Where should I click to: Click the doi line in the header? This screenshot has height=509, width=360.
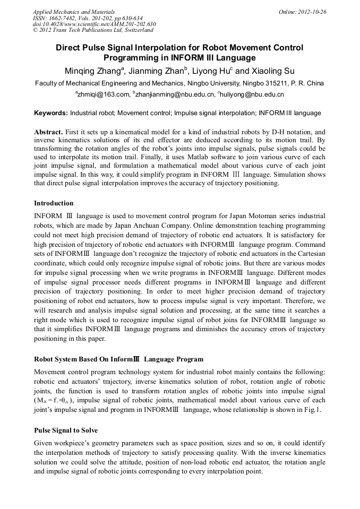[x=95, y=24]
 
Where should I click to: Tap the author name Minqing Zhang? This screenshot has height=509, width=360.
[x=93, y=71]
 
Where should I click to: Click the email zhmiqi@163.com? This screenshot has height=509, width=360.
[x=104, y=94]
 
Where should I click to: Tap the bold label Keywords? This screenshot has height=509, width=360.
[x=51, y=113]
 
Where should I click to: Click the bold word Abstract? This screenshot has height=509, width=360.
[x=48, y=132]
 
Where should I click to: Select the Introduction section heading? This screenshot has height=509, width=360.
[x=54, y=203]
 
